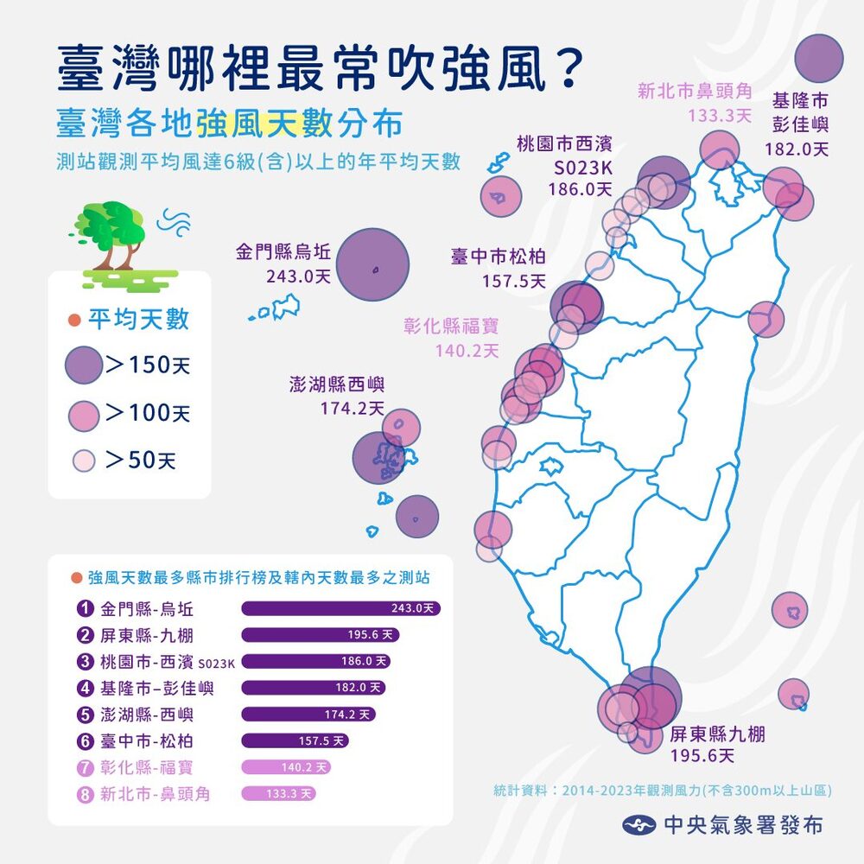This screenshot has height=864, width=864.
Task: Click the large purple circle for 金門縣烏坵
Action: [372, 264]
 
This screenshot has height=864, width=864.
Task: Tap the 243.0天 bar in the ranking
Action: [340, 608]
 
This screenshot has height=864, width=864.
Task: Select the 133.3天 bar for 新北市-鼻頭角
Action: [278, 793]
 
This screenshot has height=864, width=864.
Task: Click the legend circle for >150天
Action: [83, 365]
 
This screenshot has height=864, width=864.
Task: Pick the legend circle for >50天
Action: [83, 461]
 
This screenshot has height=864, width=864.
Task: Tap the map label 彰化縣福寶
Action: [451, 327]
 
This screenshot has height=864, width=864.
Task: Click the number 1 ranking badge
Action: [85, 608]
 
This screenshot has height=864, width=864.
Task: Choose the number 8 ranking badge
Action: [85, 793]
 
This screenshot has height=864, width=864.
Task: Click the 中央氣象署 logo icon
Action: [639, 825]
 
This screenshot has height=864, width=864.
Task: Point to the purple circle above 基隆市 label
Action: [817, 59]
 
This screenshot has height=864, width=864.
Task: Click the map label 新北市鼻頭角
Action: [696, 91]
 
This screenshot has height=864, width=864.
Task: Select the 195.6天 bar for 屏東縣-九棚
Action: [320, 635]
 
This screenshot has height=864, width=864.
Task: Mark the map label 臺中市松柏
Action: [499, 257]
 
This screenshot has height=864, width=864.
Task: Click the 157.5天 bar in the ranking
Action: [295, 740]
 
